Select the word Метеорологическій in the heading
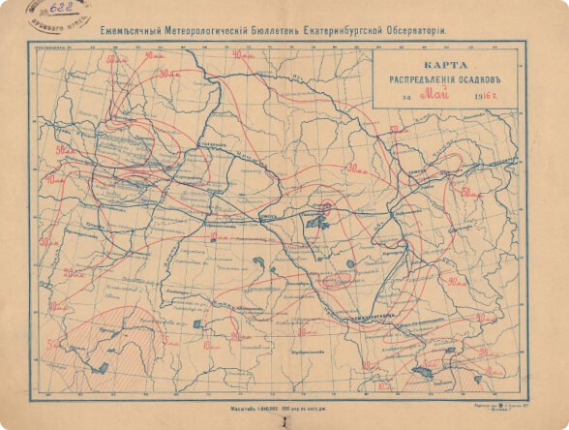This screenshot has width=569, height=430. point(212,31)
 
